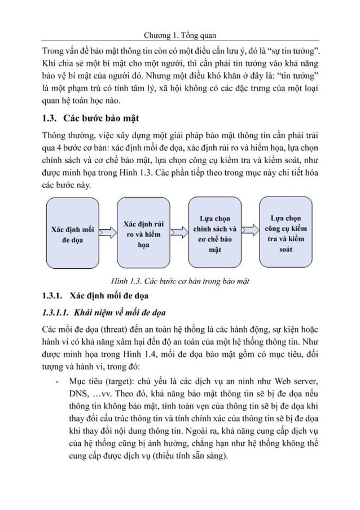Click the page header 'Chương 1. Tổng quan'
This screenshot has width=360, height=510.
[181, 34]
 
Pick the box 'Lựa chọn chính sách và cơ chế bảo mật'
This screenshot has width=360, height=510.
[214, 233]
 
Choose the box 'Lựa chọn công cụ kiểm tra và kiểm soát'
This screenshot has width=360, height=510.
[286, 232]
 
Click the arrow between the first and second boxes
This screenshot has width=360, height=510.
[107, 232]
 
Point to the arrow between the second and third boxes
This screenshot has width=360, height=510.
[178, 232]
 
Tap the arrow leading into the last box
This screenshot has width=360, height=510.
[250, 232]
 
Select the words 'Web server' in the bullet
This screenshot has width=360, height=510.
[293, 377]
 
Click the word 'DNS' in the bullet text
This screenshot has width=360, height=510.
[78, 390]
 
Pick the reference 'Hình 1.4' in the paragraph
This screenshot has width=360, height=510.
[151, 354]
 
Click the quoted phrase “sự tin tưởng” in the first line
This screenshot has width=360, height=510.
[289, 47]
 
